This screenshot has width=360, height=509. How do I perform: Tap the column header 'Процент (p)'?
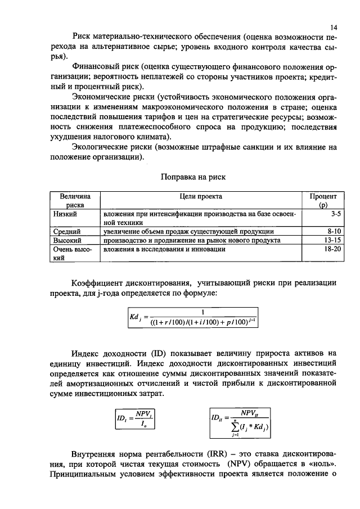(323, 201)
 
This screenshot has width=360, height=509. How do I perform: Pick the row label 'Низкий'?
(65, 214)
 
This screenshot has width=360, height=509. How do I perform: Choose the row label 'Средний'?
(67, 231)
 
